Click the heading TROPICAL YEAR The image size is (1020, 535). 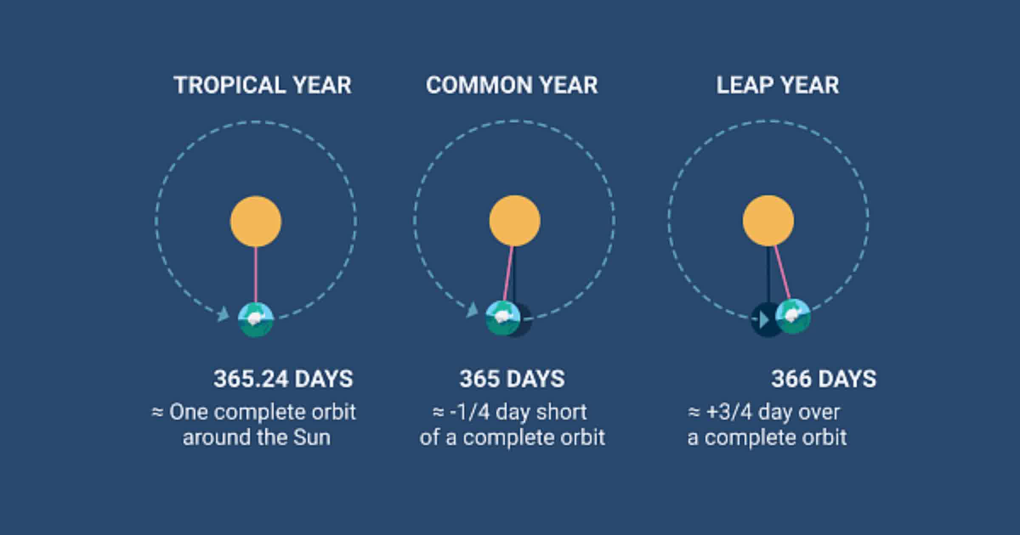[263, 85]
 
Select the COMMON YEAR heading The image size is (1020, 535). [512, 85]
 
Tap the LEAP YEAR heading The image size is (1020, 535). [777, 85]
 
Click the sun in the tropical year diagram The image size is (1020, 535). [256, 221]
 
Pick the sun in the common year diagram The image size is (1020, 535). [515, 220]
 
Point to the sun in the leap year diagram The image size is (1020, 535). [768, 220]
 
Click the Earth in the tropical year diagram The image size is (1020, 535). [255, 319]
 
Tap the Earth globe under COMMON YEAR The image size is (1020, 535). [503, 318]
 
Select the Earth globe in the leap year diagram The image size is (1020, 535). [793, 317]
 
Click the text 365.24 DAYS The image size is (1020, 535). [283, 379]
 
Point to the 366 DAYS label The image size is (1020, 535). [824, 379]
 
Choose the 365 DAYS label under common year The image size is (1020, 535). [512, 379]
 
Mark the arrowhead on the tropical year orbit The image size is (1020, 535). [223, 315]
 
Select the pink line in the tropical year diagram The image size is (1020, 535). [256, 274]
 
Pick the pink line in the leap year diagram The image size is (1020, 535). [782, 273]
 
